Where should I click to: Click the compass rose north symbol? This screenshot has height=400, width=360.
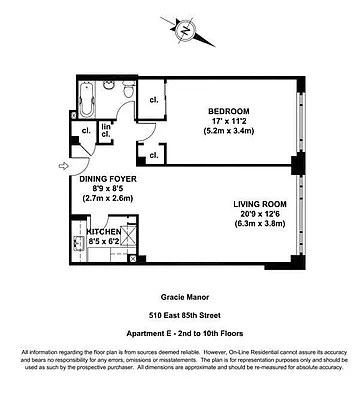[x=186, y=29]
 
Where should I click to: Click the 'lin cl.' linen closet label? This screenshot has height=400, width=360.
[x=106, y=131]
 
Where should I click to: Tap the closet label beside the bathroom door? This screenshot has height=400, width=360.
[x=155, y=99]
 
